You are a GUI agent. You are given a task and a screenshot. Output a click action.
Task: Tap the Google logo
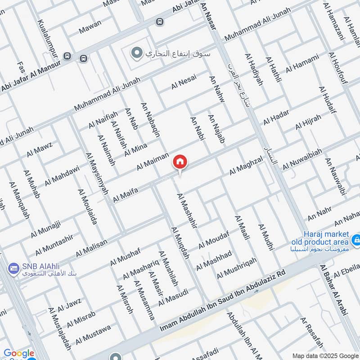(19, 354)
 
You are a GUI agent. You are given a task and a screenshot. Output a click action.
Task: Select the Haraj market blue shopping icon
(356, 239)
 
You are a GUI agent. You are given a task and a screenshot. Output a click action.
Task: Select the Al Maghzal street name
(246, 166)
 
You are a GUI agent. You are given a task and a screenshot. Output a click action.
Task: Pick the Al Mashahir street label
(187, 211)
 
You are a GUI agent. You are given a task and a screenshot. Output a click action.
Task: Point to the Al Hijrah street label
(308, 122)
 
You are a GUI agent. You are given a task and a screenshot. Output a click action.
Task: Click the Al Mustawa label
(93, 334)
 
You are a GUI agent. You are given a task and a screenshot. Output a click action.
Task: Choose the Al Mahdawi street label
(62, 175)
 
